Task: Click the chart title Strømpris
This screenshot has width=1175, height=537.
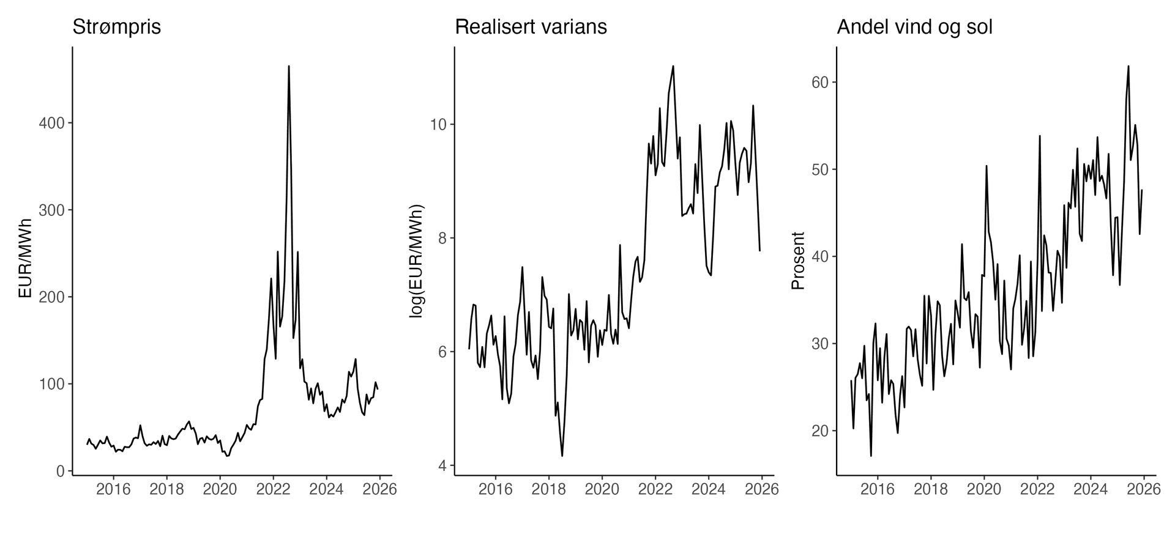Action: tap(116, 27)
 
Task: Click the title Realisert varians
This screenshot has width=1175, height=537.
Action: tap(531, 27)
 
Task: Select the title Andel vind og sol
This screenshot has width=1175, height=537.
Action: tap(914, 27)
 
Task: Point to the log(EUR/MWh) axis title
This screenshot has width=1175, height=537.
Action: tap(416, 259)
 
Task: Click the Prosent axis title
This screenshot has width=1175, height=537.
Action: tap(798, 261)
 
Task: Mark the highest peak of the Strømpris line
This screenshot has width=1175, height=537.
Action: tap(289, 66)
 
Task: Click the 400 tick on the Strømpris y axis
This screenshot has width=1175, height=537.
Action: tap(52, 123)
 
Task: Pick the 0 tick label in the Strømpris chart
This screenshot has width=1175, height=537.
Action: tap(60, 471)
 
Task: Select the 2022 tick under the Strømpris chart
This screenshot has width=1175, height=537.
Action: tap(273, 489)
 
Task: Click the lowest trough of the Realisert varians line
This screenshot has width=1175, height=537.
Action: tap(562, 456)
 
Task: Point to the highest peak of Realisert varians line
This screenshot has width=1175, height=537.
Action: tap(673, 66)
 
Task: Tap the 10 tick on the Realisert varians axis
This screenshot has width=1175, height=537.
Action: tap(439, 124)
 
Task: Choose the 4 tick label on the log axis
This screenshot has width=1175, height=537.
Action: tap(442, 465)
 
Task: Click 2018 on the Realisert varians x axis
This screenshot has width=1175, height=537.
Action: tap(548, 489)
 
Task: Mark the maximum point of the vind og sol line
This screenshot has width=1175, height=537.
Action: tap(1128, 66)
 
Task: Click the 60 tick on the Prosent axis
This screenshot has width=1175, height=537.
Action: tap(820, 83)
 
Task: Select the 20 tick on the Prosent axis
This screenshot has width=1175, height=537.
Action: tap(820, 431)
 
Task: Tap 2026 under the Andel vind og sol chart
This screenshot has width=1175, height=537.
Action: tap(1144, 489)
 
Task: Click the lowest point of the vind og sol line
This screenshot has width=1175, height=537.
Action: tap(871, 456)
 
